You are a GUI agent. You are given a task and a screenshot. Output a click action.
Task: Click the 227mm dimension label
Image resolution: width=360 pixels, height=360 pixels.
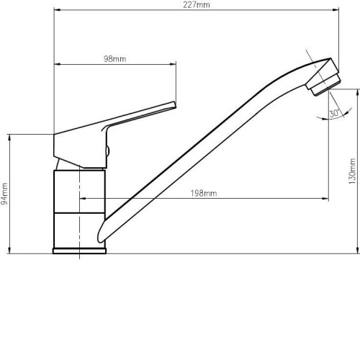point(197,5)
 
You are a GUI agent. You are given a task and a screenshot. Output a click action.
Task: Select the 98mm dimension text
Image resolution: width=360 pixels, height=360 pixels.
point(115,59)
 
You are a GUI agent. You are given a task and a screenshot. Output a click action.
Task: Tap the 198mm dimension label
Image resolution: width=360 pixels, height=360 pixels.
point(204,193)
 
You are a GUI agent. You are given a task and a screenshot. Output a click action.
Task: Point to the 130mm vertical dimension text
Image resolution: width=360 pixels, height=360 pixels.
point(352,171)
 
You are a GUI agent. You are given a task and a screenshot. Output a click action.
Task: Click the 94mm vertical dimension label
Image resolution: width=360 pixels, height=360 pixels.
point(4,194)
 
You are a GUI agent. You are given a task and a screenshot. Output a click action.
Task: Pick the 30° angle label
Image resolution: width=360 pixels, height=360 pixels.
point(334,113)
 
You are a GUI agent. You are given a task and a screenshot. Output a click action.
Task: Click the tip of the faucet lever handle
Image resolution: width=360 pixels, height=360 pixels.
point(175,104)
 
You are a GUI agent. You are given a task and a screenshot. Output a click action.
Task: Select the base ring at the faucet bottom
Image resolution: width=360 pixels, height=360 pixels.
point(79,251)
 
